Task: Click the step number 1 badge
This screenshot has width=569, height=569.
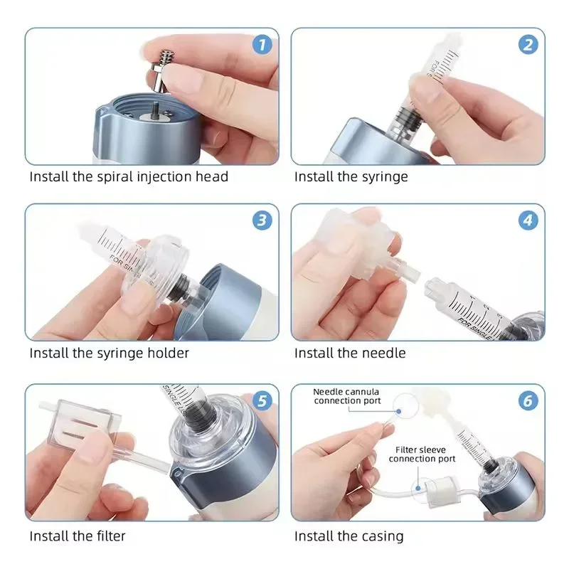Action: pos(262,45)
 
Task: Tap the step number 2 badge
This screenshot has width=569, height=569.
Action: pos(528,45)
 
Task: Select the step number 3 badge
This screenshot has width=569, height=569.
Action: pos(262,220)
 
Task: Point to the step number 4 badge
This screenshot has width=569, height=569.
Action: pos(528,220)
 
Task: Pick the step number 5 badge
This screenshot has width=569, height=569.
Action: pos(262,400)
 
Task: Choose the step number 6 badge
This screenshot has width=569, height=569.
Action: pos(528,400)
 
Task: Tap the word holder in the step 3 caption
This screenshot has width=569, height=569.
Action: pos(168,353)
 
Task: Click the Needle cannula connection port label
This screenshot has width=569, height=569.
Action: pos(346,396)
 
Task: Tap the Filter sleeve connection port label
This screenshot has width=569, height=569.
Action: pos(421,454)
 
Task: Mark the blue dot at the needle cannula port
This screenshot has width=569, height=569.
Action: pos(398,411)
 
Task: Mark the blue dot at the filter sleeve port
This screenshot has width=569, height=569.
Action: pos(418,489)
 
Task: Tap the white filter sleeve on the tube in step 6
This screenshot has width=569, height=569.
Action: pos(442,491)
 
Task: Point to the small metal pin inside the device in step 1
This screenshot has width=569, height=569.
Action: pos(155,108)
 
